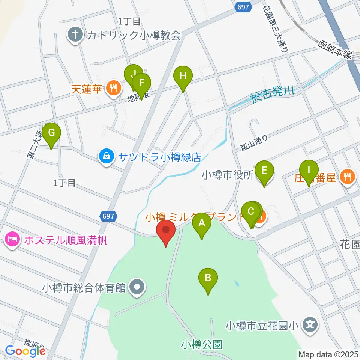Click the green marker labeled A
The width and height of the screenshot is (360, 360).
tap(202, 223)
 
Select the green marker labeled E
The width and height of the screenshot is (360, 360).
tap(264, 171)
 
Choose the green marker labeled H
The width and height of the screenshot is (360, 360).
tap(183, 76)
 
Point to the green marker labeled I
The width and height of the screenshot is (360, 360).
tap(309, 170)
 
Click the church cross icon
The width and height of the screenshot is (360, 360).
tap(75, 35)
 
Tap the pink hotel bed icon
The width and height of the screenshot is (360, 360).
tap(12, 239)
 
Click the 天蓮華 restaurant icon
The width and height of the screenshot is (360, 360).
tap(113, 89)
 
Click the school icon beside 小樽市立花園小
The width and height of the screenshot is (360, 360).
tap(310, 323)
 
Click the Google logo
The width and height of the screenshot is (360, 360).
tap(25, 351)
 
